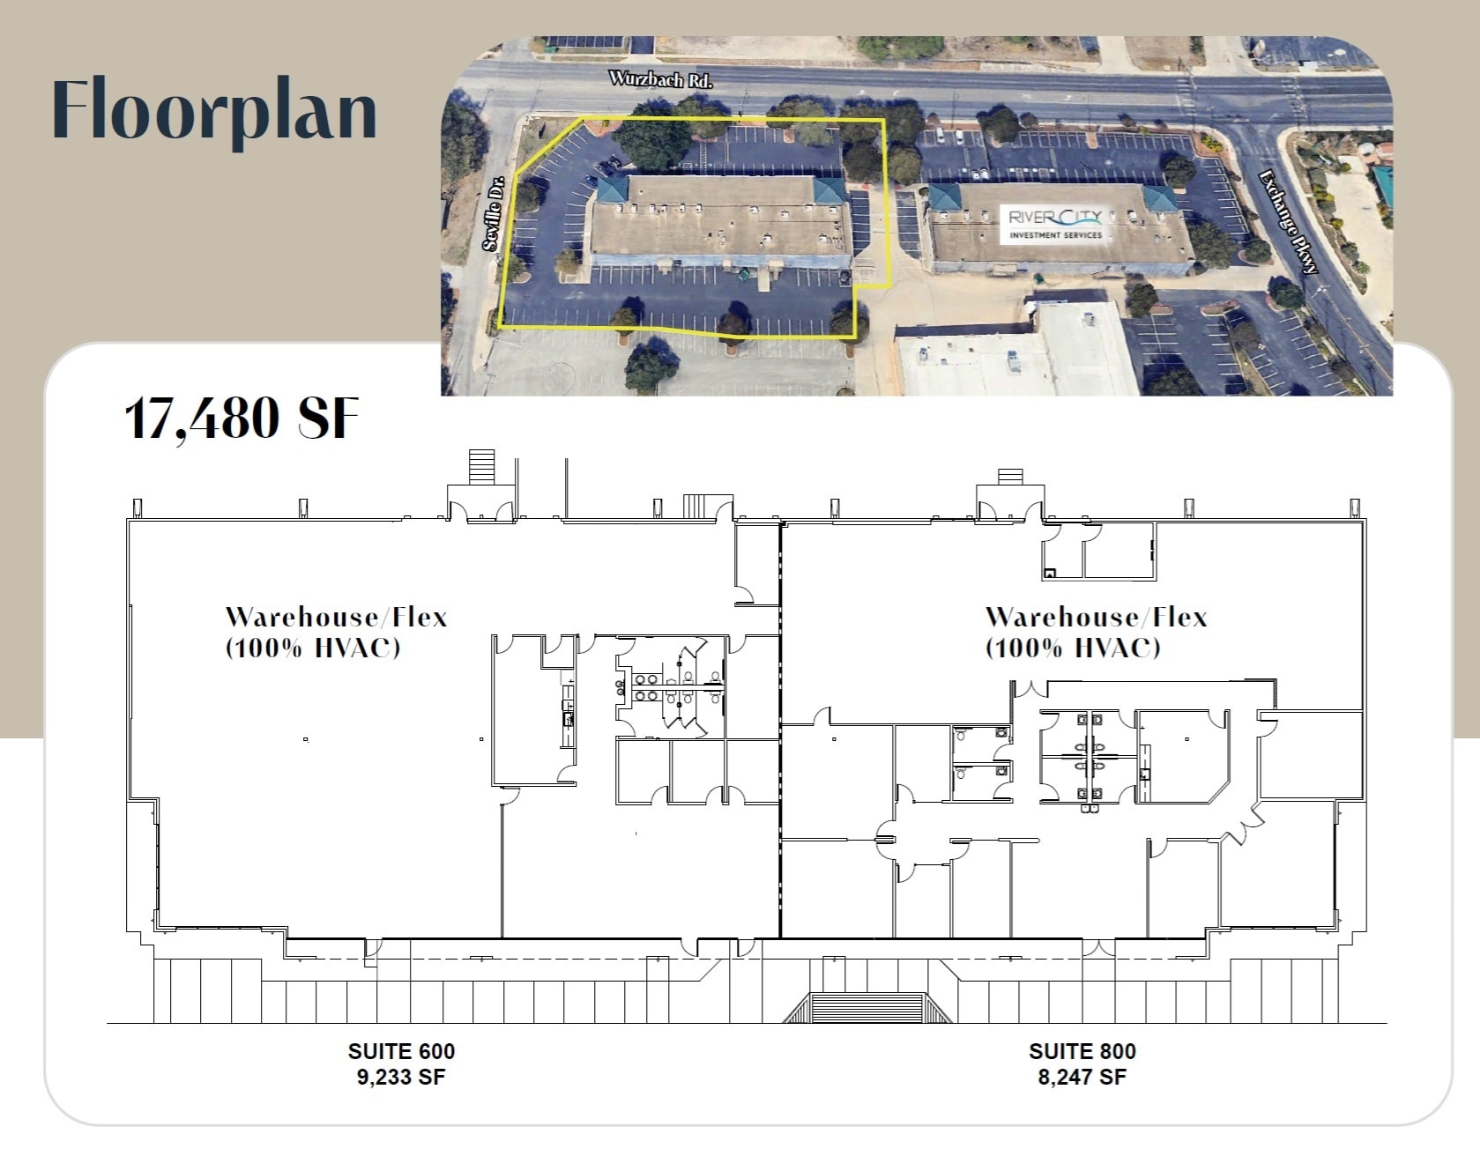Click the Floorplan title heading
point(214,110)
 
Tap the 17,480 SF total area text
point(242,418)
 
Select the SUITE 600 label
point(401,1051)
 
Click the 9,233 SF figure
point(401,1077)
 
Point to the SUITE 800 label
point(1082,1051)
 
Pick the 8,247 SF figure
point(1082,1077)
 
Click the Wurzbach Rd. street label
point(660,78)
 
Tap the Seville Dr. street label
point(494,212)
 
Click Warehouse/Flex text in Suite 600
point(336,617)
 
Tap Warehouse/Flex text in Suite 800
point(1096,617)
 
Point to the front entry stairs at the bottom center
point(867,1008)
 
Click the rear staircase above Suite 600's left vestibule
point(481,466)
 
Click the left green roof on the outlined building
point(612,188)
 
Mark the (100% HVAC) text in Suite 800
point(1073,648)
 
